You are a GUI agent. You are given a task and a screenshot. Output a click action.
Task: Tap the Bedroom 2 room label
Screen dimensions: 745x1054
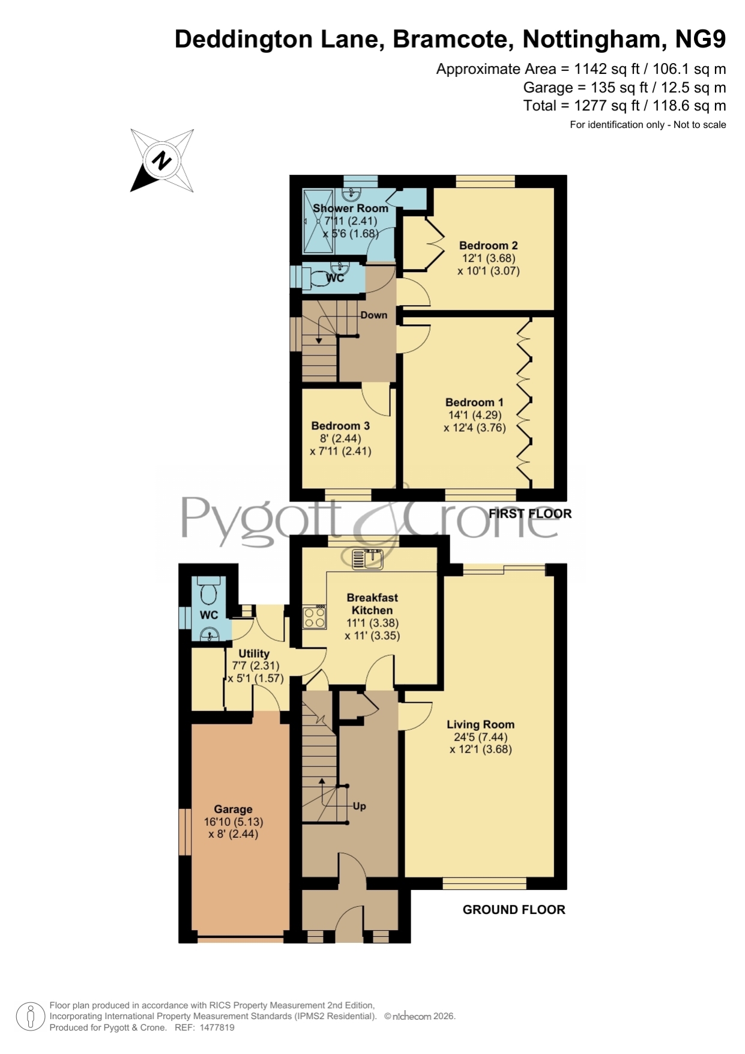(x=488, y=246)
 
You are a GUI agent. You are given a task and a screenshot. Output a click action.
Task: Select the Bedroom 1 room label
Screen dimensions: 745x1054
(x=474, y=402)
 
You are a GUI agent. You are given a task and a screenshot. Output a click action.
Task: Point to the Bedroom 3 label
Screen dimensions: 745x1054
(x=340, y=426)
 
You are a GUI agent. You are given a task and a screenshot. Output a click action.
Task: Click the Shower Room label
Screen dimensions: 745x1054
(x=351, y=208)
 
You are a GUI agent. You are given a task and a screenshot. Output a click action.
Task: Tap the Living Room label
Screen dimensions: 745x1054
(x=480, y=724)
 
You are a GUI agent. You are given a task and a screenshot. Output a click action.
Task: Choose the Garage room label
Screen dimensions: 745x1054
(x=233, y=810)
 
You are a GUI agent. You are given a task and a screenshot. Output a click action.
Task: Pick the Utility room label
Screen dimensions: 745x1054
(x=254, y=653)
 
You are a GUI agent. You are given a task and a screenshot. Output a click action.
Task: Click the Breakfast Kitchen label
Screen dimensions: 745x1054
(x=372, y=604)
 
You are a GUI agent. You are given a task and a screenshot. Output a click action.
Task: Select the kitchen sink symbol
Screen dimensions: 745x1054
(x=368, y=559)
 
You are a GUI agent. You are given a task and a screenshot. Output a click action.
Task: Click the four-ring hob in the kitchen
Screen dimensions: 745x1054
(x=314, y=617)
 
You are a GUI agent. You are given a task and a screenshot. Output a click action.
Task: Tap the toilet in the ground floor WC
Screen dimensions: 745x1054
(x=209, y=592)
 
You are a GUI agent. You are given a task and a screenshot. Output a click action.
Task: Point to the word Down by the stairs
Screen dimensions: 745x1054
(x=373, y=315)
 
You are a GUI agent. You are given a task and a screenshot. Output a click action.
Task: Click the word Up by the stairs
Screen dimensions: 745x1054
(x=360, y=806)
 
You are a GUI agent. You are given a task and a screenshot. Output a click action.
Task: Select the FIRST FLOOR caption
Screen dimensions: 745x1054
(x=530, y=513)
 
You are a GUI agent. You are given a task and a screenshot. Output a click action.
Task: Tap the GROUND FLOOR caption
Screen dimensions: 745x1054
(x=514, y=910)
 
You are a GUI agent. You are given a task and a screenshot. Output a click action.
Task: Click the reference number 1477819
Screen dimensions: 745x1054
(x=216, y=1028)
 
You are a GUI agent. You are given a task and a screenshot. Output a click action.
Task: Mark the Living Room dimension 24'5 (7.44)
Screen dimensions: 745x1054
(x=480, y=737)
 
